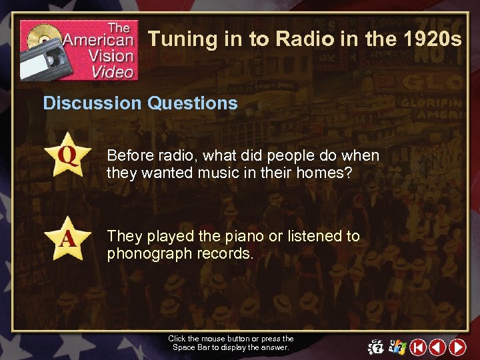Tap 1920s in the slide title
point(433,39)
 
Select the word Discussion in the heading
point(92,103)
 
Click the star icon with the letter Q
point(67,155)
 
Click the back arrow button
point(437,347)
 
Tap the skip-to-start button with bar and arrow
point(417,347)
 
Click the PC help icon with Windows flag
point(397,347)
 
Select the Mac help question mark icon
point(376,347)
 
